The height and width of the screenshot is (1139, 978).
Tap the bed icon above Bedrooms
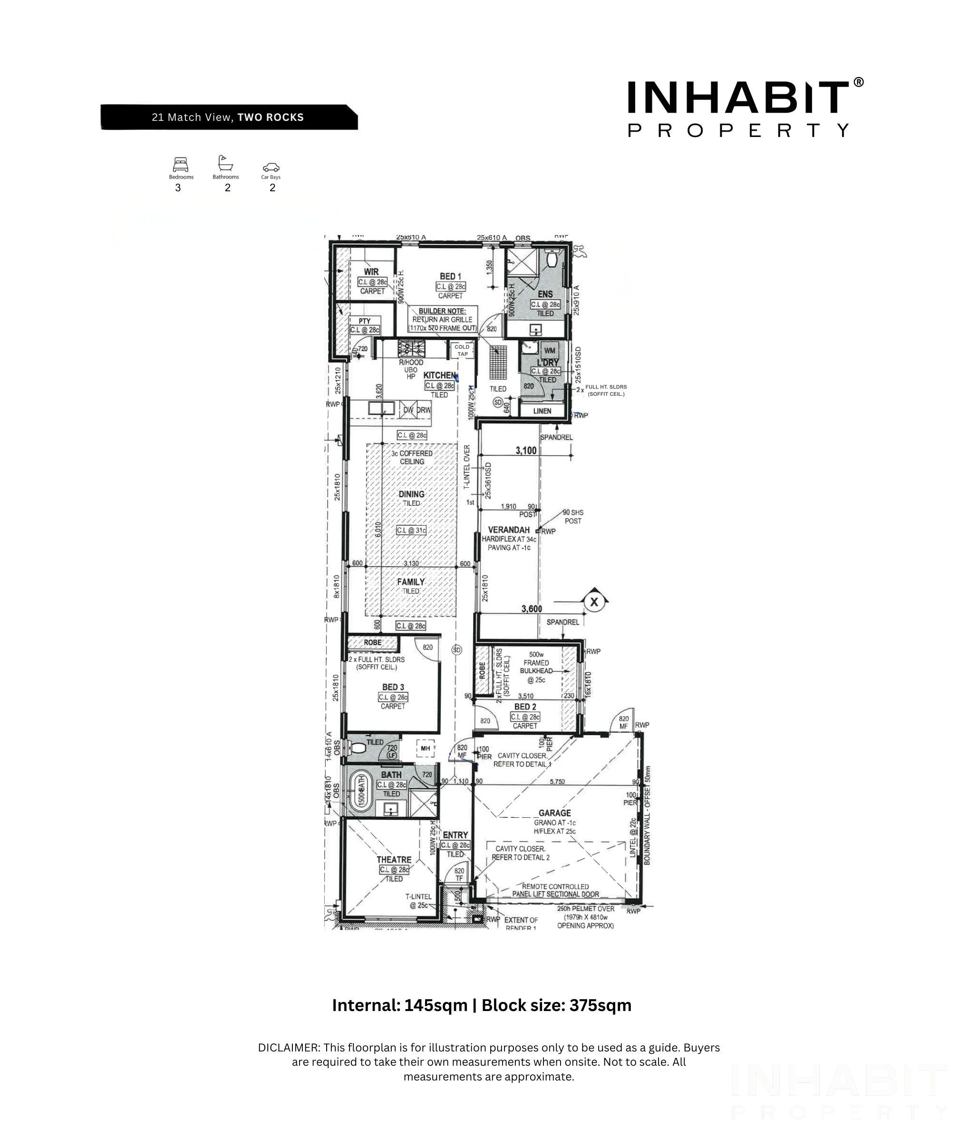coord(180,164)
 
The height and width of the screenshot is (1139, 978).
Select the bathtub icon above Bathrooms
coord(225,163)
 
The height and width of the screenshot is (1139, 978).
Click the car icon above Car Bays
coord(271,167)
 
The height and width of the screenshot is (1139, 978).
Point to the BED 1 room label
coord(450,276)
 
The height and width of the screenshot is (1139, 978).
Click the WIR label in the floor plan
coord(371,272)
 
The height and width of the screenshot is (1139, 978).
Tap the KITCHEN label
coord(439,375)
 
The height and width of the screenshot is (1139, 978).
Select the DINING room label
coord(412,494)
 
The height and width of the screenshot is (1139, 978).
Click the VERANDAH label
coord(509,530)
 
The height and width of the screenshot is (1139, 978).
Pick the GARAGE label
coord(554,813)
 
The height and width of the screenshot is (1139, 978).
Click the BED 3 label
coord(393,687)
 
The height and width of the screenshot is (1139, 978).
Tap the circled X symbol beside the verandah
coord(593,602)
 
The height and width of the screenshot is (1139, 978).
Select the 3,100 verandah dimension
coord(526,450)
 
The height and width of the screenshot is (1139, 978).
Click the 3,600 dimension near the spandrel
coord(531,609)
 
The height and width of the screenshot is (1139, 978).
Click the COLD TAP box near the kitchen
coord(462,350)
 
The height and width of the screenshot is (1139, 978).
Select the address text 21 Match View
coord(192,117)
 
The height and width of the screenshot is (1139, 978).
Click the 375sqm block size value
coord(600,1005)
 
